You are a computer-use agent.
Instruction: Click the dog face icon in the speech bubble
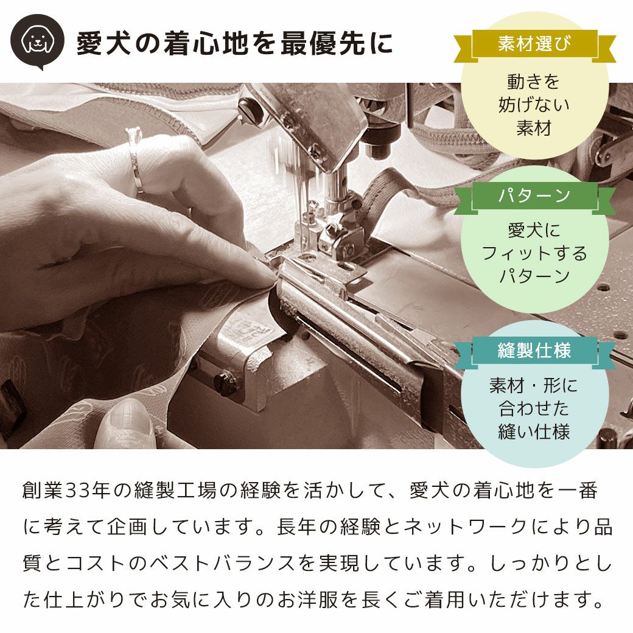(37, 40)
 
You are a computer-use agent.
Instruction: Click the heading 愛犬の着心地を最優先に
(234, 44)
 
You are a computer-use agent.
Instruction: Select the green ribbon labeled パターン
(534, 196)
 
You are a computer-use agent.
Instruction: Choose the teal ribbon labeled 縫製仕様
(534, 351)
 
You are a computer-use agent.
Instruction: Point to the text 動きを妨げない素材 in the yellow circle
(534, 105)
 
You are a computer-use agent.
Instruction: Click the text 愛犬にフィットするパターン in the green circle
(534, 253)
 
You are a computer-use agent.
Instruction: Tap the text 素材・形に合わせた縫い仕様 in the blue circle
(534, 408)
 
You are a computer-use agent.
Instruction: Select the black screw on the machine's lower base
(226, 384)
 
